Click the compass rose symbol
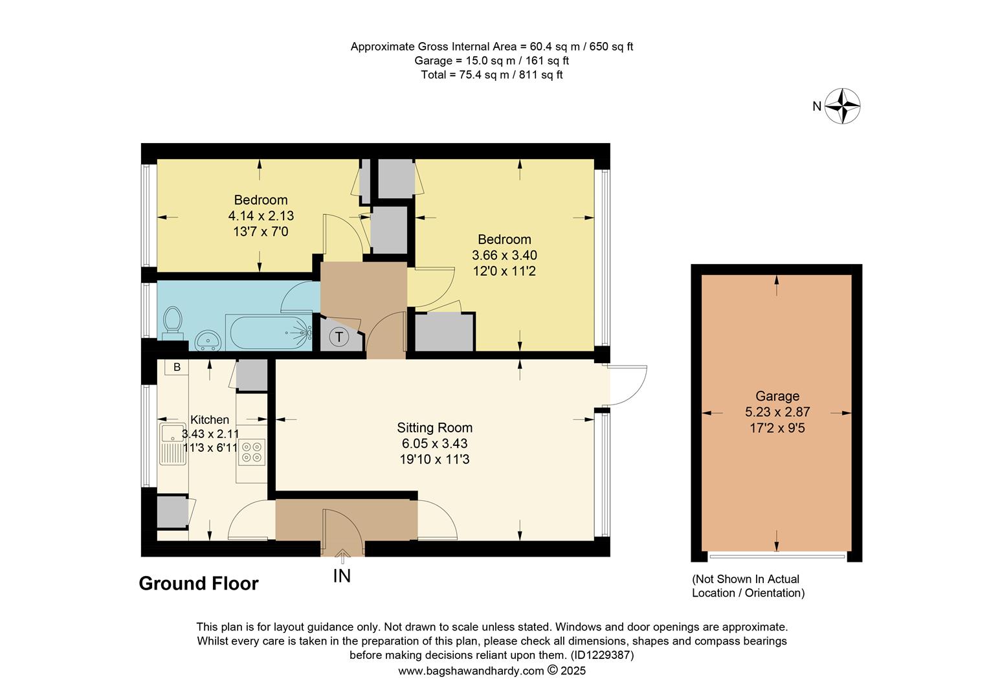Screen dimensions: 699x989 [842, 105]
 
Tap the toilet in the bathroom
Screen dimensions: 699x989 [172, 322]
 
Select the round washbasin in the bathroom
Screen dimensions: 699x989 [208, 340]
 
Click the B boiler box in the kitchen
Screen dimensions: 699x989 [176, 367]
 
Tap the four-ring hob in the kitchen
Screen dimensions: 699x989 [252, 451]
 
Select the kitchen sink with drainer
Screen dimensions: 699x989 [173, 443]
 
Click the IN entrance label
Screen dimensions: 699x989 [342, 575]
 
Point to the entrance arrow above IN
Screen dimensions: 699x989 [342, 553]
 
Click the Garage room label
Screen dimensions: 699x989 [777, 396]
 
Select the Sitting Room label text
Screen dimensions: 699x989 [434, 428]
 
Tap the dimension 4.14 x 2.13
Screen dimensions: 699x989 [261, 216]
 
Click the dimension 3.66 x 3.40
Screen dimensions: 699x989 [504, 256]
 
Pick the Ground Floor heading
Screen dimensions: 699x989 [199, 584]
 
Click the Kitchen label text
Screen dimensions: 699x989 [209, 420]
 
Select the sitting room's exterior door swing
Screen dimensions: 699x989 [628, 386]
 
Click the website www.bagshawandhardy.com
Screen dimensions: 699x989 [471, 671]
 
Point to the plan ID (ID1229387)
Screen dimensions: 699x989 [601, 656]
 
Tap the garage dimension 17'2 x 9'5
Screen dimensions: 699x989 [777, 428]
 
